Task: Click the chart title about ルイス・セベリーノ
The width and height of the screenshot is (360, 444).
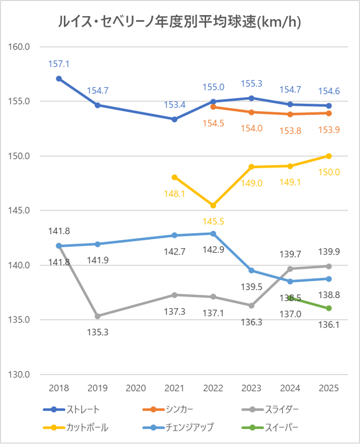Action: coord(180,21)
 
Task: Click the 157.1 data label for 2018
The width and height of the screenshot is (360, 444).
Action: coord(59,64)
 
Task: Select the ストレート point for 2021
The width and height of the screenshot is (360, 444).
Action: coord(175,119)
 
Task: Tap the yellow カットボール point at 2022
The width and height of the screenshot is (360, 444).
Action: coord(213,205)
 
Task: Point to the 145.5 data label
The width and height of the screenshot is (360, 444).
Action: coord(213,221)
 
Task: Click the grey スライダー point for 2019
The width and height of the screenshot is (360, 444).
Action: coord(98,316)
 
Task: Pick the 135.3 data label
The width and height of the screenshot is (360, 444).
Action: coord(98,332)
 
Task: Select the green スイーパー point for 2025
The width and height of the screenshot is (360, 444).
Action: coord(329,308)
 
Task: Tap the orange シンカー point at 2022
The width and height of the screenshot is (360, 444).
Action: coord(213,106)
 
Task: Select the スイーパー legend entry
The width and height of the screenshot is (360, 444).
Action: coord(276,427)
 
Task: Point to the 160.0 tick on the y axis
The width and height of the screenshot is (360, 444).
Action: coord(20,47)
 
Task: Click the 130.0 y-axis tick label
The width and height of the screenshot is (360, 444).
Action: coord(20,375)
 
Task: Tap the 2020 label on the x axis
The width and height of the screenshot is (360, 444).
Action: coord(136,388)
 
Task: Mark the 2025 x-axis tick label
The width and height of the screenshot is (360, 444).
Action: coord(329,388)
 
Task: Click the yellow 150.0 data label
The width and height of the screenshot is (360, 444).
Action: coord(329,172)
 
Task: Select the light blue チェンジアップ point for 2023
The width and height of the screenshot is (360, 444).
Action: coord(252,270)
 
